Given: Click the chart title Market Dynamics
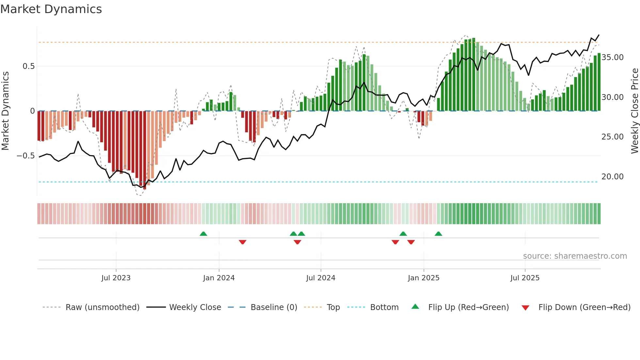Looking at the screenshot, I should [x=51, y=9].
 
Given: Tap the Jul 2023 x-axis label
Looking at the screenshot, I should [x=116, y=278].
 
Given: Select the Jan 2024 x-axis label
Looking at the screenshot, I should [x=219, y=278].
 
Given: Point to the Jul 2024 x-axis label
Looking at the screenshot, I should [x=321, y=278].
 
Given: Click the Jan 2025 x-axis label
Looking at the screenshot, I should [x=424, y=278].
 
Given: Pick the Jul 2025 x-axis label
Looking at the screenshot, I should [x=525, y=278].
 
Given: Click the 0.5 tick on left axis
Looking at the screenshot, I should [x=28, y=66].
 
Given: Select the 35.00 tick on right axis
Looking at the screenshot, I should [x=613, y=57].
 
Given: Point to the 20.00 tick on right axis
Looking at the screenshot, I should [x=613, y=177].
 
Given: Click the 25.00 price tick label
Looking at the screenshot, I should [x=613, y=137].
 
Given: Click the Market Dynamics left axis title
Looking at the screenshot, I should [x=5, y=111].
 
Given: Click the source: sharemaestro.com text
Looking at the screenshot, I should [x=575, y=256].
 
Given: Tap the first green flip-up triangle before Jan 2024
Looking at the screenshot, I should [x=203, y=234].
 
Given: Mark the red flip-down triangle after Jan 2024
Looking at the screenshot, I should [x=243, y=242].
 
